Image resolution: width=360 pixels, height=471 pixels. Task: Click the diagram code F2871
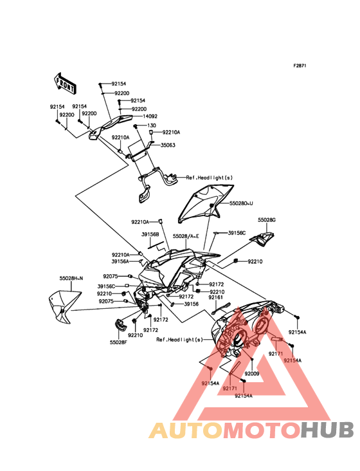tap(300, 66)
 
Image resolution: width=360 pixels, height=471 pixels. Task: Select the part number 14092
tap(150, 116)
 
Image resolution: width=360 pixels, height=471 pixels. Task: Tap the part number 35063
tap(168, 145)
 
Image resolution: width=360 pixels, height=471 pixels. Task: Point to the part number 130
tap(152, 125)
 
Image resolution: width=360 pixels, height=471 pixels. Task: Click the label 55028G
tap(267, 220)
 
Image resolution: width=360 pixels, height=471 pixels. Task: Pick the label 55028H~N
tap(71, 279)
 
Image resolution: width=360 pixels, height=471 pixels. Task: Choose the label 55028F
tap(118, 342)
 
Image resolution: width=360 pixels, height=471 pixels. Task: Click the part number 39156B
tap(150, 234)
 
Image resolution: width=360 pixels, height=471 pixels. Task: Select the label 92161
tap(216, 297)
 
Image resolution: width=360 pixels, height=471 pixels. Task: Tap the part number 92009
tap(252, 374)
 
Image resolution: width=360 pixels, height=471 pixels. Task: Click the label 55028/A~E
tap(186, 236)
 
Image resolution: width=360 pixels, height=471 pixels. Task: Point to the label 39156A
tap(121, 262)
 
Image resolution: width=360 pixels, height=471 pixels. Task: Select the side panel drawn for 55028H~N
tap(64, 306)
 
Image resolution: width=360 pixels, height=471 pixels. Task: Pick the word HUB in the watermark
tap(328, 430)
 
